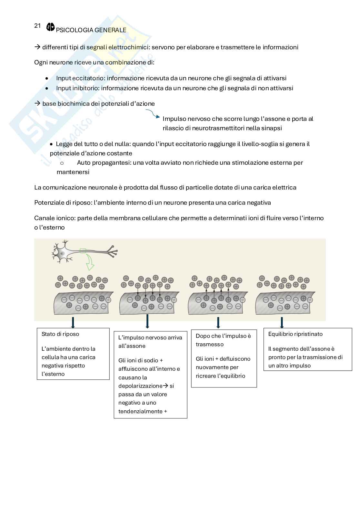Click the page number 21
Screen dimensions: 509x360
37,26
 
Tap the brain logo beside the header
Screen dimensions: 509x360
51,27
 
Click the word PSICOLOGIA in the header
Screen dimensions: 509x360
72,30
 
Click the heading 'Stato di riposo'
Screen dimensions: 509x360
60,334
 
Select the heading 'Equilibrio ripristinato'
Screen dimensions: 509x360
295,334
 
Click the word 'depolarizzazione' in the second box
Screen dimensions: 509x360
140,386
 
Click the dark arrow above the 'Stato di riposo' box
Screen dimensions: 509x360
73,322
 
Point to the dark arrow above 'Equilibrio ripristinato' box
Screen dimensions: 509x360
282,322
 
